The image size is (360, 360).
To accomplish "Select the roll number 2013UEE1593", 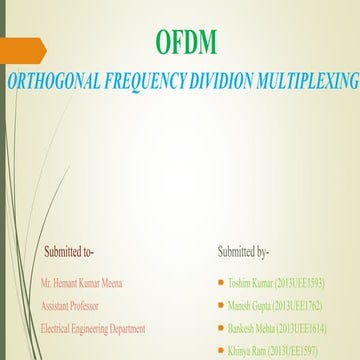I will pos(312,284).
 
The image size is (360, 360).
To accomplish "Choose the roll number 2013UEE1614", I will pos(319,328).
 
